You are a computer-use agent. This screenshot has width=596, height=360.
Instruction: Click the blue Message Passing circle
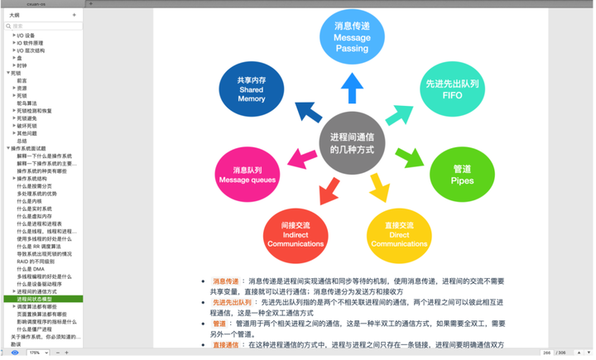coord(352,37)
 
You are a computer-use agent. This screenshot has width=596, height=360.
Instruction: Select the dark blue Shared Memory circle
coord(251,89)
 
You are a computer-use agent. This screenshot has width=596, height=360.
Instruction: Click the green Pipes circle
coord(462,175)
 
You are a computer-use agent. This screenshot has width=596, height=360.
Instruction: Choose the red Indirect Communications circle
coord(295,236)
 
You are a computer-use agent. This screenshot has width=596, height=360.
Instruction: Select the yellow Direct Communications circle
coord(399,236)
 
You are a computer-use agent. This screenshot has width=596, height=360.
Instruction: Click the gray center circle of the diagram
coord(352,143)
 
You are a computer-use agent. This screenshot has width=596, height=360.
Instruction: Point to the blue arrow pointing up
coord(352,87)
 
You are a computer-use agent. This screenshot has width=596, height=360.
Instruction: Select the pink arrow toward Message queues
coord(297,157)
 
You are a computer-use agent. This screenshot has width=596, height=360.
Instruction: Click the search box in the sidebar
coord(46,26)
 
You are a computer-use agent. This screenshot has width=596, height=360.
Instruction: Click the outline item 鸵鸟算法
coord(27,103)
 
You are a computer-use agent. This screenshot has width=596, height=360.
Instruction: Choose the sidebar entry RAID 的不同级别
coord(36,262)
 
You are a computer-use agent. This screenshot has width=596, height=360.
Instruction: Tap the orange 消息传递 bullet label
coord(226,281)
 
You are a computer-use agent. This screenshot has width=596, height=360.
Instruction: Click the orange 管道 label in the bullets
coord(219,324)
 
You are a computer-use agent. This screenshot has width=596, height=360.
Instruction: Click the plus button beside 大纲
coord(74,15)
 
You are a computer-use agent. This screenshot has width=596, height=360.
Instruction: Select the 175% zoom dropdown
coord(37,353)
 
